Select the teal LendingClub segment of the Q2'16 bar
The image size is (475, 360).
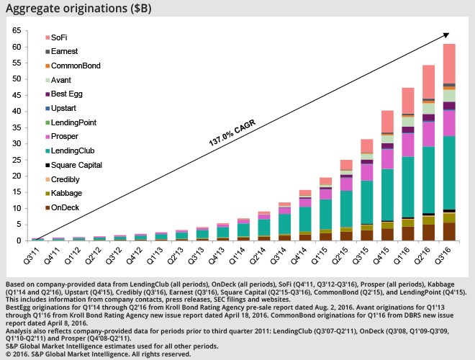point(428,180)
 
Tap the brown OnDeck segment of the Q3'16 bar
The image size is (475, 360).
point(449,232)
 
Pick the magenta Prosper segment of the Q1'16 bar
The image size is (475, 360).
point(408,144)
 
